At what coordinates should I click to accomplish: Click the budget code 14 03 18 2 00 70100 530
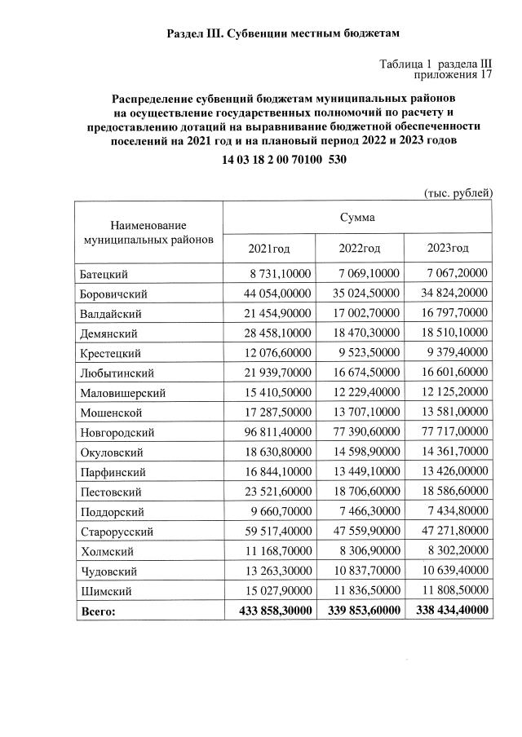pyautogui.click(x=285, y=160)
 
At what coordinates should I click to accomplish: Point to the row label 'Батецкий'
pyautogui.click(x=104, y=275)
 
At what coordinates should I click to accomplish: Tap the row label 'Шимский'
pyautogui.click(x=104, y=590)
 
